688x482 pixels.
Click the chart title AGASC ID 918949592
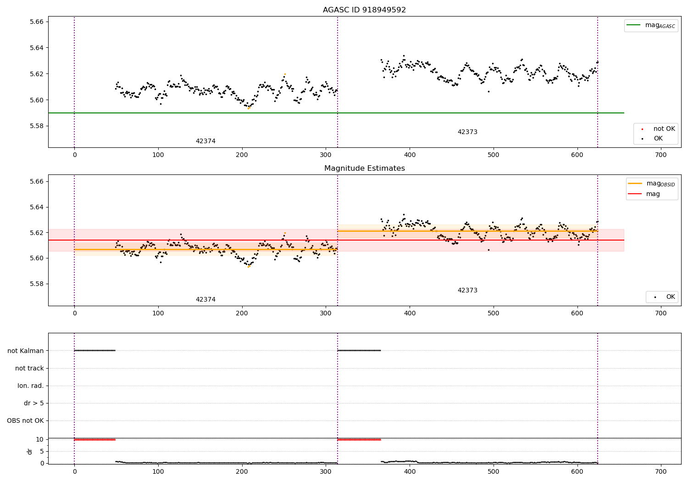(x=364, y=10)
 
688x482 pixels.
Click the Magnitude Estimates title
(x=364, y=168)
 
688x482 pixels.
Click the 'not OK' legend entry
(x=664, y=129)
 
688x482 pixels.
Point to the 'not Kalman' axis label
(x=26, y=351)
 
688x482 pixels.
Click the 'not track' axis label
(x=29, y=368)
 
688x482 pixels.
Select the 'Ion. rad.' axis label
(x=31, y=386)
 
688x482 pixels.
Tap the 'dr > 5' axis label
(x=33, y=403)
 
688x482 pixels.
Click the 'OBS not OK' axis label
(x=25, y=420)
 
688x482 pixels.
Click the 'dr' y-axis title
(x=30, y=451)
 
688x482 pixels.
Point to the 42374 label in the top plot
(x=205, y=141)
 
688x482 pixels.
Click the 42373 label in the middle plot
(x=467, y=291)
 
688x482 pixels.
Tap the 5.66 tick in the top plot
(x=37, y=22)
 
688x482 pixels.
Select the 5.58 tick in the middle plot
(x=37, y=284)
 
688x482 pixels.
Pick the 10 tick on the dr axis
(x=40, y=439)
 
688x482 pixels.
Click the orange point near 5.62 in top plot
(x=285, y=74)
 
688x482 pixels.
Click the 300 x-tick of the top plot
(x=326, y=155)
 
